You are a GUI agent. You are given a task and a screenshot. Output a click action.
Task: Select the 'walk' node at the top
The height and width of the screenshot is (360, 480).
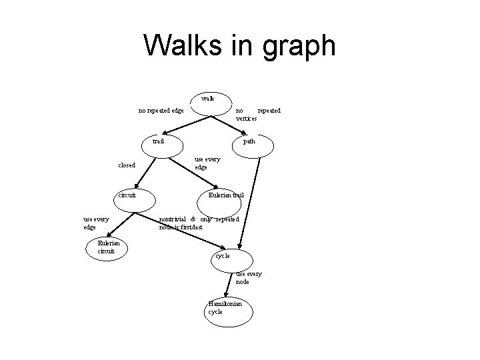(x=208, y=99)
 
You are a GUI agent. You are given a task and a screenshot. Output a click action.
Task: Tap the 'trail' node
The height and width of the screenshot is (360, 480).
(x=159, y=142)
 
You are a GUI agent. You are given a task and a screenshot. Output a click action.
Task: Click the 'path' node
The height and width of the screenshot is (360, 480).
(x=248, y=142)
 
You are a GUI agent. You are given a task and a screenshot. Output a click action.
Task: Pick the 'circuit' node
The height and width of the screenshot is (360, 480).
(x=127, y=196)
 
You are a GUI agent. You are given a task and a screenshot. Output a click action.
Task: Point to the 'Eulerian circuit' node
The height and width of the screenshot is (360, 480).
(x=107, y=247)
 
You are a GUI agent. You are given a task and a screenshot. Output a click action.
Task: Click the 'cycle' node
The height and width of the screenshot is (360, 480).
(x=223, y=256)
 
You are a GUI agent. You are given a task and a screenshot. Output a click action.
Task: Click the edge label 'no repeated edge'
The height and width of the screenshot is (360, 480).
(x=161, y=111)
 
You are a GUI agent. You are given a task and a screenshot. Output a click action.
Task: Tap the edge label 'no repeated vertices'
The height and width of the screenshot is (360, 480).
(x=257, y=114)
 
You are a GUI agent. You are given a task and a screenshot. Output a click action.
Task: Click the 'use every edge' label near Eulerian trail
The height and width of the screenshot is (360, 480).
(x=206, y=163)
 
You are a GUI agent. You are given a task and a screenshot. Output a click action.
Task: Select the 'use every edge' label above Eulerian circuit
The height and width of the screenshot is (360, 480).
(x=96, y=223)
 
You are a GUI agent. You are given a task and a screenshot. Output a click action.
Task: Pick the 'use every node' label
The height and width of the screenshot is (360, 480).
(x=249, y=278)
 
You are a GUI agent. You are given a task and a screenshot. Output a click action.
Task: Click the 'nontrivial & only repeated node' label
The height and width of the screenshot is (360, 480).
(x=199, y=223)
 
